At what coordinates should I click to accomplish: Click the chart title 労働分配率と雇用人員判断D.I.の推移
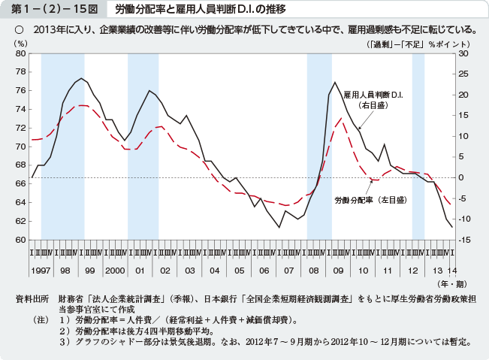point(197,10)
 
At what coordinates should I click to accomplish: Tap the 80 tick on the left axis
point(20,53)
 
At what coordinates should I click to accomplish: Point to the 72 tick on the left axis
point(20,128)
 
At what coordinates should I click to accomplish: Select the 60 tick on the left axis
point(20,240)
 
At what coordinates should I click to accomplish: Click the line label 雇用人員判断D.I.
point(373,96)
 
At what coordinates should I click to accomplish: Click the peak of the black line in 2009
point(334,82)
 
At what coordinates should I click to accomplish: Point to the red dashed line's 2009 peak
point(340,118)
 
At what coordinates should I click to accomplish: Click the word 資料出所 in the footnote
point(32,299)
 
